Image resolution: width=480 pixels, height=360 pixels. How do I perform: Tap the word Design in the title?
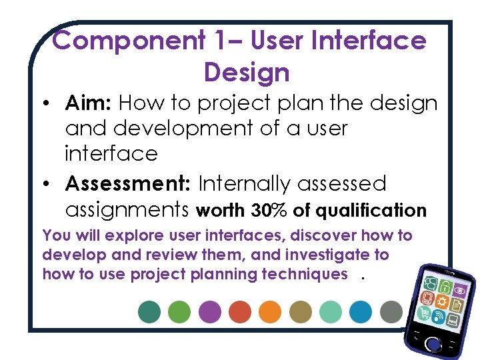247,71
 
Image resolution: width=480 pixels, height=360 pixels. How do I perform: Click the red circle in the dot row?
239,311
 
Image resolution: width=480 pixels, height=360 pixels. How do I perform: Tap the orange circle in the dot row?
270,311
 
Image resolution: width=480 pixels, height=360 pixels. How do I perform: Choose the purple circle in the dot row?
209,311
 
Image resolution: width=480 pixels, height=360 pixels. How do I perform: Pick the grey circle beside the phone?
391,311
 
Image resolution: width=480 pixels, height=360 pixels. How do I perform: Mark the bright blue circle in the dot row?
361,311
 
